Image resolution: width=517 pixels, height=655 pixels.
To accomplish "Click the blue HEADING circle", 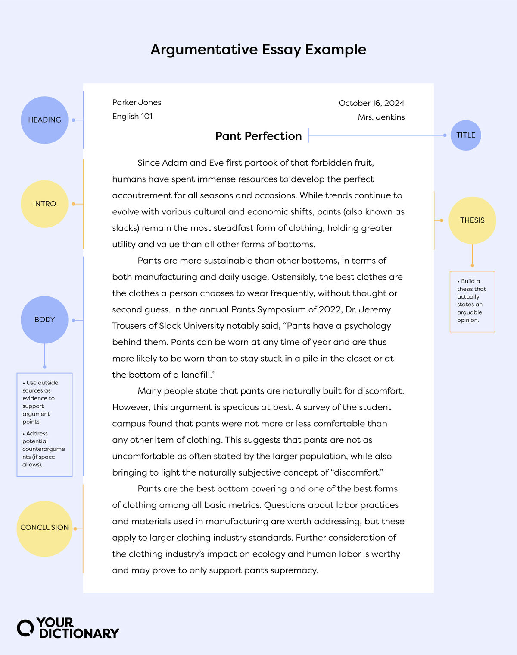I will (x=44, y=120).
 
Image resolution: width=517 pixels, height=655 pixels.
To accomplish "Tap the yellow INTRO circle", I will (x=44, y=204).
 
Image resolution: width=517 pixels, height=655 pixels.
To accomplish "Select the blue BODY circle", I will (x=44, y=320).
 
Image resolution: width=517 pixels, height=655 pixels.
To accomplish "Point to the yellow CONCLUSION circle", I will (x=44, y=528).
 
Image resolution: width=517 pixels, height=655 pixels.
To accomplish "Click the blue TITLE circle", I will (x=466, y=135).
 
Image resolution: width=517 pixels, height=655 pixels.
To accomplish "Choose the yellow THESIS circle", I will (x=472, y=220).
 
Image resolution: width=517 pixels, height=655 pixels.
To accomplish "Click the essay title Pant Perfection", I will (x=258, y=136).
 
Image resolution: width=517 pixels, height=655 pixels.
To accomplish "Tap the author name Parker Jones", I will (x=137, y=102).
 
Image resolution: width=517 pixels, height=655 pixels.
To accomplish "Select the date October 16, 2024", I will (x=371, y=103).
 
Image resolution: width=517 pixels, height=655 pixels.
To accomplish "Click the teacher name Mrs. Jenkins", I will (x=381, y=117).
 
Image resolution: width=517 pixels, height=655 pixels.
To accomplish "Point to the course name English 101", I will (x=132, y=116).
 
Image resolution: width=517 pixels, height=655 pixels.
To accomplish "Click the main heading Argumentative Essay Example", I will (x=258, y=49).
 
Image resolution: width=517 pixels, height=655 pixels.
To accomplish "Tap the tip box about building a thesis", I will (x=472, y=301).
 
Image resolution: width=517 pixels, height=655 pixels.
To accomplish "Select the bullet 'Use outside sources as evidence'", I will (x=40, y=402).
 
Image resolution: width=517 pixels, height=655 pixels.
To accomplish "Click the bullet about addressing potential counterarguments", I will (x=43, y=449).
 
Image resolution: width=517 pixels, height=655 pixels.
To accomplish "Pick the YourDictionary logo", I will (x=68, y=628).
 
